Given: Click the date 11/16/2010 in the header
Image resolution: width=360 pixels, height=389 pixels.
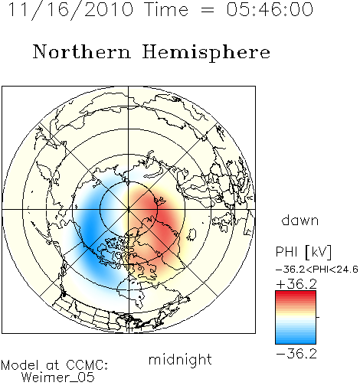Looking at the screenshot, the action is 70,10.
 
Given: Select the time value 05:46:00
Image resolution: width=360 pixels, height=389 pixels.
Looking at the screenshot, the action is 270,9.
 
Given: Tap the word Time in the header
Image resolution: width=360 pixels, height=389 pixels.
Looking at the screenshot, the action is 166,9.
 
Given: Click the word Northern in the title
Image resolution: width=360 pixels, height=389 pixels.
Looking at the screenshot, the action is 82,51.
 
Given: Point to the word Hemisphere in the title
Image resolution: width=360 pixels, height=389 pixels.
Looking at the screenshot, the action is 206,53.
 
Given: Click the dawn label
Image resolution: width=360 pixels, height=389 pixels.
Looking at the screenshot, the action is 300,220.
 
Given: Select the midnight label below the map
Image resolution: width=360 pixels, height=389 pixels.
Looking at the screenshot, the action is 180,360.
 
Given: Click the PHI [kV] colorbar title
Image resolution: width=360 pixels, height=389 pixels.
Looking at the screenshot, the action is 303,252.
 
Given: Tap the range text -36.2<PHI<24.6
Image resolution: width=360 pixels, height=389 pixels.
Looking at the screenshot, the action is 317,270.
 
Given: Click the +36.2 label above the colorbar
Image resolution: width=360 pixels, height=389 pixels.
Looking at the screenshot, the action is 296,283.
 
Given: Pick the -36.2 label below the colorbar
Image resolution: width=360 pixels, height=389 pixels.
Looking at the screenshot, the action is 296,354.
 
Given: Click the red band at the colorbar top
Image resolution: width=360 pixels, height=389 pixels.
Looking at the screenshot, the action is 296,294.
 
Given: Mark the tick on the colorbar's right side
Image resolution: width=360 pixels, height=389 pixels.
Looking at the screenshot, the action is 318,317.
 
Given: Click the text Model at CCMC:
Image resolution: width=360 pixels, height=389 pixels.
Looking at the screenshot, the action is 54,365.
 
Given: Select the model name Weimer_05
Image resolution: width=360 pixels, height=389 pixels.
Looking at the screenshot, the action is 58,378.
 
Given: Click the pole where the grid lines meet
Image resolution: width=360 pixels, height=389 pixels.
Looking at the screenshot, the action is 129,209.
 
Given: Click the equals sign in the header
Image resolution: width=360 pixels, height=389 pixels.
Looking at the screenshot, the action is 208,10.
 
